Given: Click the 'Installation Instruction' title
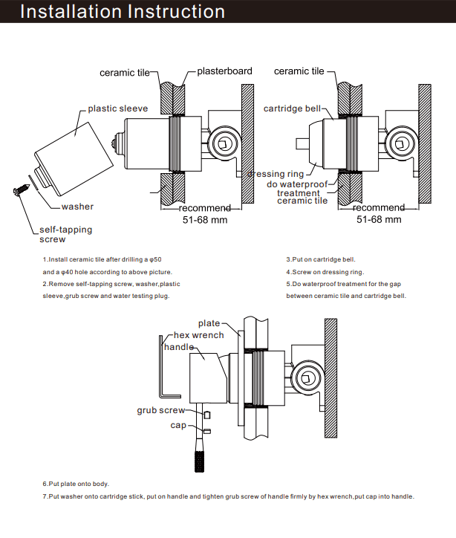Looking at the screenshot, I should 123,12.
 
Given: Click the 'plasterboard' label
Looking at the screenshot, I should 224,71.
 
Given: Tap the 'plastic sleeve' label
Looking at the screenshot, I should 117,108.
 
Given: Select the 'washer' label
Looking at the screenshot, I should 77,207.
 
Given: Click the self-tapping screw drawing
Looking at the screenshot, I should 19,192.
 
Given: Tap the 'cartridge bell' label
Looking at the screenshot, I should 293,108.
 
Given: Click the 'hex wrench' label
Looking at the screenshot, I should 198,335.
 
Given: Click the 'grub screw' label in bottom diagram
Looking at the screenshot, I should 161,410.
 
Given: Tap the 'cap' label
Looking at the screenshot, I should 178,425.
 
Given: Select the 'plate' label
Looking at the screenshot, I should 209,323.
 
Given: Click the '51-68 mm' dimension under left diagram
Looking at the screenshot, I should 205,220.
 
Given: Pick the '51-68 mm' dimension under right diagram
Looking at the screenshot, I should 379,219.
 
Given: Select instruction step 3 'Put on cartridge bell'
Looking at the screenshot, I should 321,259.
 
